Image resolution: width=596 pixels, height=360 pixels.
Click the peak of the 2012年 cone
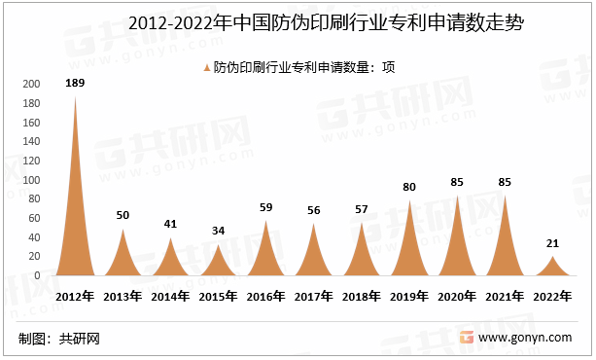coord(75,97)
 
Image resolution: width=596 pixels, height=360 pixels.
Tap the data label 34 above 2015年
coord(219,231)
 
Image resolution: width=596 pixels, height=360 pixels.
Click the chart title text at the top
coord(298,22)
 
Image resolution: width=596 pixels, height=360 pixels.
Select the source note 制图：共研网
coord(59,339)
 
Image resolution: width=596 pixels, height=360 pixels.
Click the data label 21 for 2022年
coord(553,243)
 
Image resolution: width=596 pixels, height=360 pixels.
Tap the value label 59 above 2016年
coord(266,206)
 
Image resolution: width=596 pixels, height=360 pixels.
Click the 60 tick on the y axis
coord(34,218)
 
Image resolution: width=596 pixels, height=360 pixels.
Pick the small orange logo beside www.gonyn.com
coord(468,337)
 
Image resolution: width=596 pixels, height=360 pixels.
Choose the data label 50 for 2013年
coord(123,215)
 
